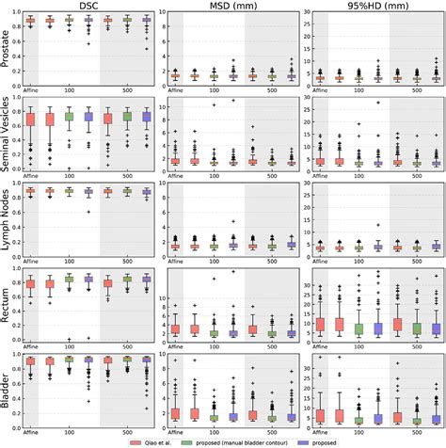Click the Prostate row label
9,46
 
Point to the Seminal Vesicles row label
9,134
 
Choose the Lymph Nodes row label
9,222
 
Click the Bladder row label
9,391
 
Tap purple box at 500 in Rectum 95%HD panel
435,328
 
